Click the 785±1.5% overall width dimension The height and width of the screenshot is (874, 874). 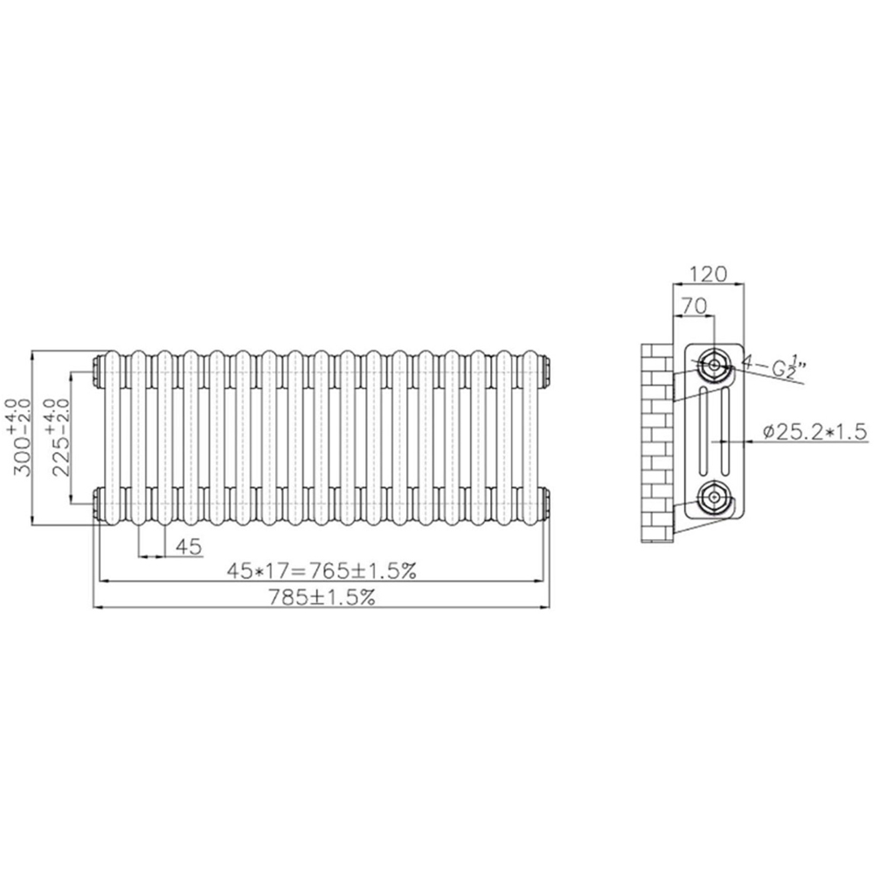(x=323, y=598)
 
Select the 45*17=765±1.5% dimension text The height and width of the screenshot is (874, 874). (x=322, y=571)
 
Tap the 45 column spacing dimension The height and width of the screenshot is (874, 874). (x=189, y=547)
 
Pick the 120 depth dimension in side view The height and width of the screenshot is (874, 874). (x=709, y=274)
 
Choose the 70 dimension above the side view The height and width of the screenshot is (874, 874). (x=693, y=305)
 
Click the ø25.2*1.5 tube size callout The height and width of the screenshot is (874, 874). (x=815, y=432)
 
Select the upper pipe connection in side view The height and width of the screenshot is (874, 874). (x=714, y=365)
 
